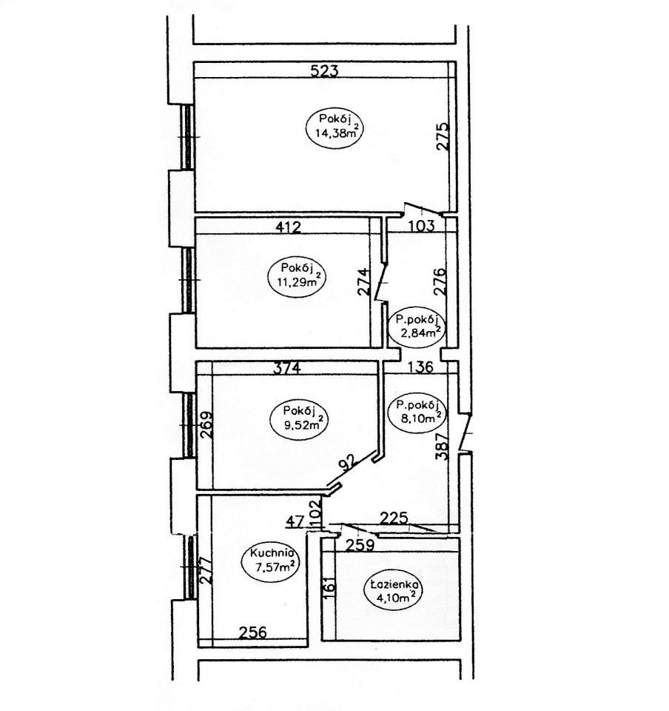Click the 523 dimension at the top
tap(324, 71)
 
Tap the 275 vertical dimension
tap(443, 136)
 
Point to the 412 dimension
tap(289, 227)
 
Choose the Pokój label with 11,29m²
tap(297, 277)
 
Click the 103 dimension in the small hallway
tap(421, 225)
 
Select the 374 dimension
tap(287, 367)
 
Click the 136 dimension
tap(421, 367)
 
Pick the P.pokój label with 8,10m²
tap(417, 412)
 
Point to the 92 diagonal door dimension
tap(349, 464)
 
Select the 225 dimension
tap(394, 518)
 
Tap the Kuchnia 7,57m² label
tap(271, 561)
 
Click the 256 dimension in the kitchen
tap(253, 632)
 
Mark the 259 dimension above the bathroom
tap(360, 545)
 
